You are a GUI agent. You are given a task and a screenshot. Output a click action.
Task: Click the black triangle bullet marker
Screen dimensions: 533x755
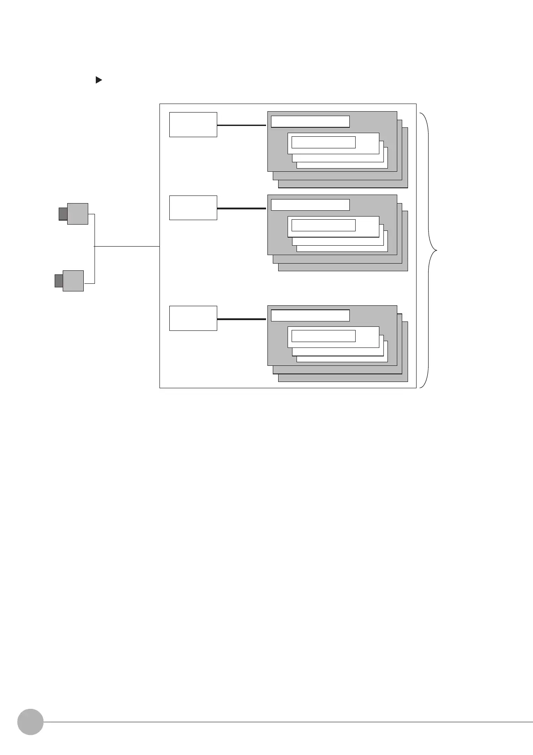(x=99, y=80)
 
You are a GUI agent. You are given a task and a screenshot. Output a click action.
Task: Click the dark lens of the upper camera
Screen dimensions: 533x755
(x=63, y=214)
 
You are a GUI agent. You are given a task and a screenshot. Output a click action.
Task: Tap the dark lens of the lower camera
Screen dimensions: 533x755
(x=59, y=281)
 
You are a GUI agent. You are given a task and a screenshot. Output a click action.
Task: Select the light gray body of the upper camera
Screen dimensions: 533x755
(x=77, y=214)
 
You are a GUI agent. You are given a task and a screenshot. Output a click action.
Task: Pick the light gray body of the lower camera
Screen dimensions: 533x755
(x=73, y=281)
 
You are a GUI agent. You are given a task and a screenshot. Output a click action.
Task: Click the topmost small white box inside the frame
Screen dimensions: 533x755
(x=193, y=125)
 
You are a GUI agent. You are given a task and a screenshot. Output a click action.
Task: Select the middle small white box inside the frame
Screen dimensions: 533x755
(x=193, y=208)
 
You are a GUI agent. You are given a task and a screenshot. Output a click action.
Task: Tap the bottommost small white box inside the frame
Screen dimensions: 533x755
(x=193, y=318)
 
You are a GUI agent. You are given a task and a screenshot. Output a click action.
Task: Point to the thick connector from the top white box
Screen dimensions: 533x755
(x=242, y=125)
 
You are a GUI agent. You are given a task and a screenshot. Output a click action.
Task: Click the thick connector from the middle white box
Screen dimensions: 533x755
(x=242, y=208)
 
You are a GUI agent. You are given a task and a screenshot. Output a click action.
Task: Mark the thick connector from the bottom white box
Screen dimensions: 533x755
(x=242, y=319)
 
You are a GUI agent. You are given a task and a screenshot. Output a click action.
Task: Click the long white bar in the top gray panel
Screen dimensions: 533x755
(x=310, y=121)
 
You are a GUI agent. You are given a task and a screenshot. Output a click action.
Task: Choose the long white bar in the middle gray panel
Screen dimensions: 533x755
(x=310, y=205)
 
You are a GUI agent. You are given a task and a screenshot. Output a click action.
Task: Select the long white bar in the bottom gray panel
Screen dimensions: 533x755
(x=310, y=315)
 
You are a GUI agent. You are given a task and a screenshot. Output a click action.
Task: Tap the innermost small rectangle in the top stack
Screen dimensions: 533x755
(x=323, y=142)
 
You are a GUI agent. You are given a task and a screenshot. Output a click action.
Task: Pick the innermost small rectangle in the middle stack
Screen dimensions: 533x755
(x=323, y=225)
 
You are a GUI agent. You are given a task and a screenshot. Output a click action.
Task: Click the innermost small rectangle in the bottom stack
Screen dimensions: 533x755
(x=323, y=336)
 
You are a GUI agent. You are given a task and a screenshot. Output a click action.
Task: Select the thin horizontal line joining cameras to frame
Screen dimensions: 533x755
(x=127, y=246)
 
